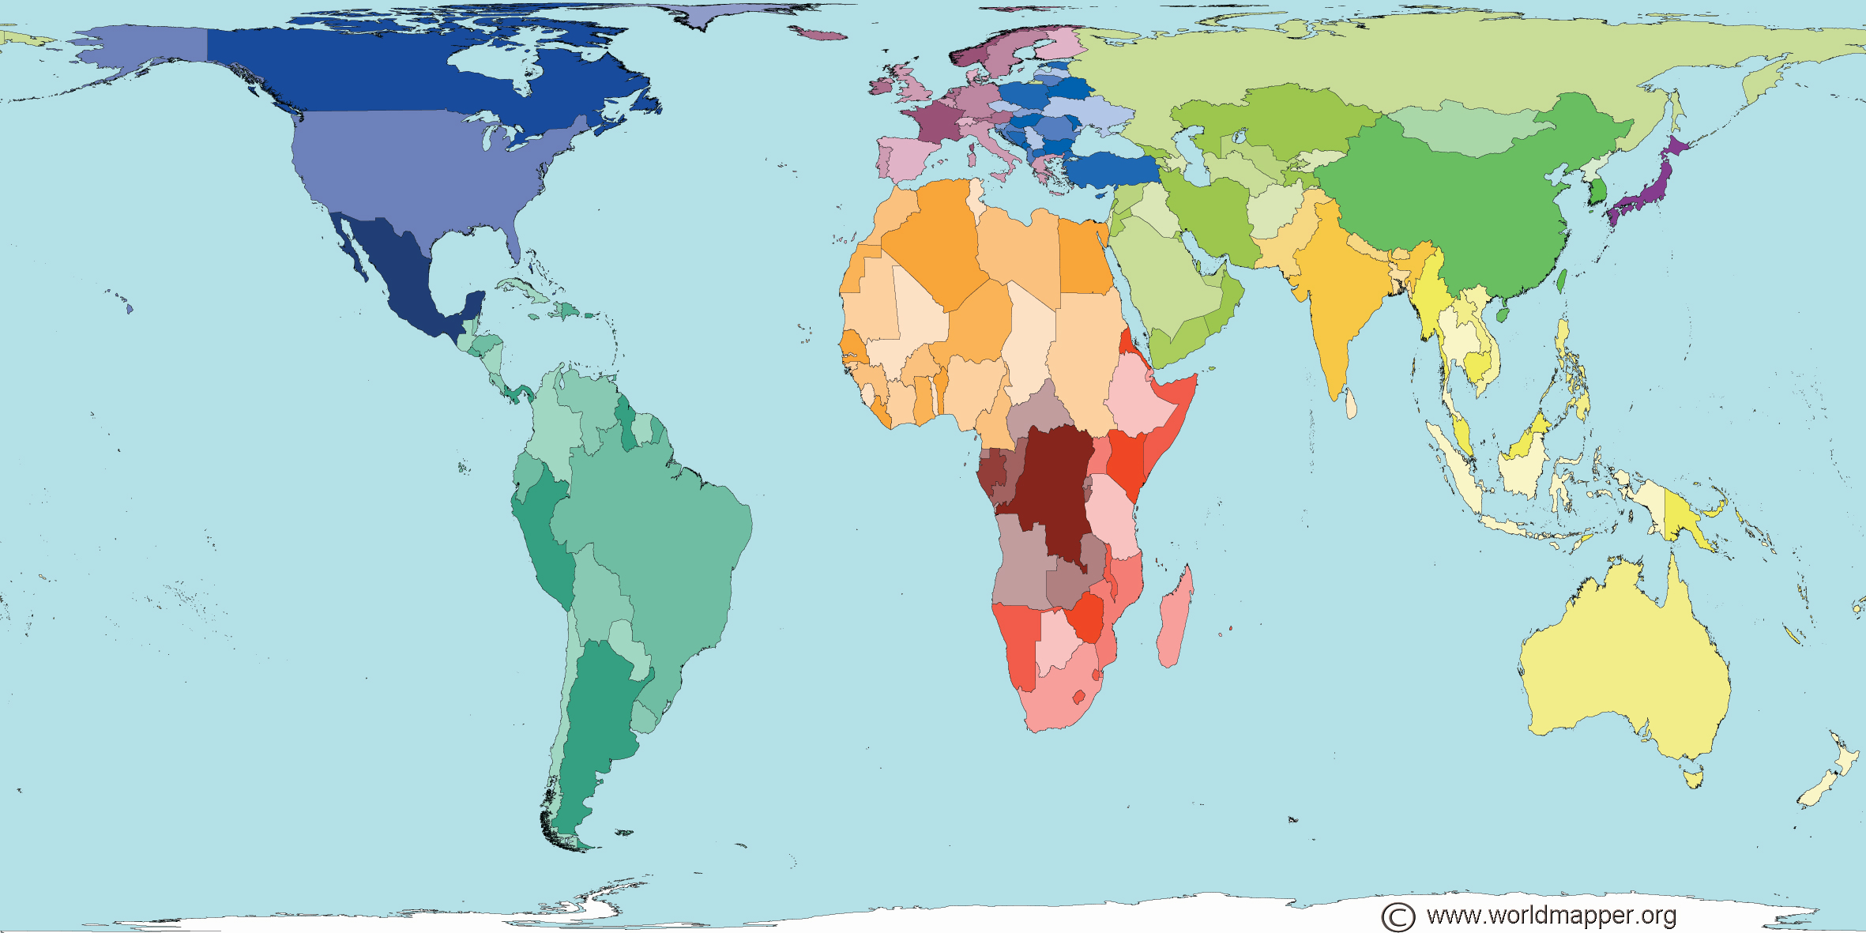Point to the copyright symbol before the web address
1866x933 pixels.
coord(1398,916)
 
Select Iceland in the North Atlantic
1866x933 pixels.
coord(819,34)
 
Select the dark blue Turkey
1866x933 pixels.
coord(1106,170)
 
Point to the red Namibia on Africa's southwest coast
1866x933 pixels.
coord(1019,640)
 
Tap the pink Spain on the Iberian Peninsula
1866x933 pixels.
coord(905,158)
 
